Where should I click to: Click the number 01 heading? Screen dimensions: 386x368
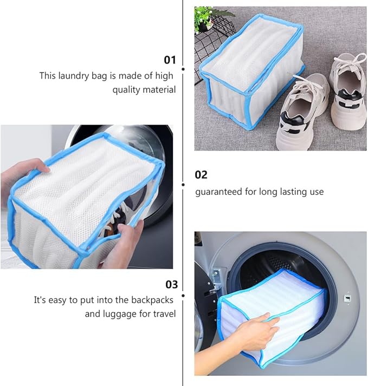(170, 60)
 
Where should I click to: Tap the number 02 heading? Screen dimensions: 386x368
(201, 175)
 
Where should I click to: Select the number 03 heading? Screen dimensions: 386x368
(171, 284)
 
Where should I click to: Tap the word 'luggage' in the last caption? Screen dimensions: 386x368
(120, 314)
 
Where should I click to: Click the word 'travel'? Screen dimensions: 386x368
(164, 314)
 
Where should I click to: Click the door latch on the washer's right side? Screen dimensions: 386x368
(347, 297)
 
